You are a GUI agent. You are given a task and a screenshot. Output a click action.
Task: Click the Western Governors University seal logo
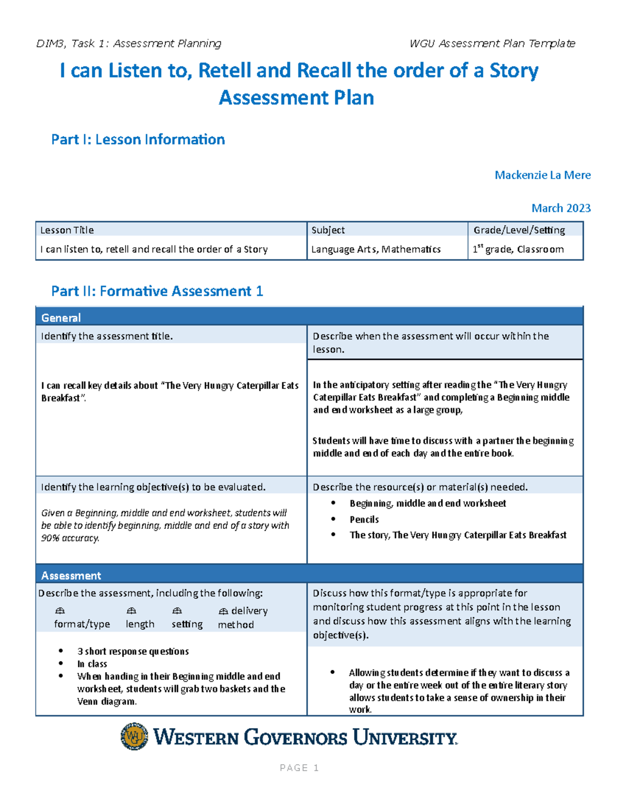[134, 736]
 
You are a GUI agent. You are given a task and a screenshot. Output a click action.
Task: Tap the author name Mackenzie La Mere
[543, 175]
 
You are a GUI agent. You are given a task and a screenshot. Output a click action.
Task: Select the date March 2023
[561, 208]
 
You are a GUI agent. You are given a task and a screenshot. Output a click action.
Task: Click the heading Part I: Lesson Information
[138, 139]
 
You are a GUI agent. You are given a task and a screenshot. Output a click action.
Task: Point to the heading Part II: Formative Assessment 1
[157, 291]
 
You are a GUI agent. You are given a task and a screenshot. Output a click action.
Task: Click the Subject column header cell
[328, 230]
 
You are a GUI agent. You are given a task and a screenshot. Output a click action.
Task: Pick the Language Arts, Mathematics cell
[376, 249]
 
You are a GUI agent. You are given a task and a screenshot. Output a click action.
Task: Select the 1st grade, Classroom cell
[518, 249]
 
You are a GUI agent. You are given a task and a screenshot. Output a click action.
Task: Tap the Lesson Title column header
[67, 230]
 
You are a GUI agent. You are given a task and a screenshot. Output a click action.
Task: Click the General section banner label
[61, 318]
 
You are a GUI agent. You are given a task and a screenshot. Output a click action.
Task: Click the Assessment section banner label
[71, 576]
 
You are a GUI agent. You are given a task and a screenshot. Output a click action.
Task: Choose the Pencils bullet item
[364, 519]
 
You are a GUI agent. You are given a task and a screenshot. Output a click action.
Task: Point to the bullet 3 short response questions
[133, 651]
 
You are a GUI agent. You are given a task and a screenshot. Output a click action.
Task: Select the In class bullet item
[92, 664]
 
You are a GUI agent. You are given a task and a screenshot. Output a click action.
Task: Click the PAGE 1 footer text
[299, 768]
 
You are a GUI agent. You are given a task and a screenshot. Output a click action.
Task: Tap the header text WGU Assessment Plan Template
[492, 43]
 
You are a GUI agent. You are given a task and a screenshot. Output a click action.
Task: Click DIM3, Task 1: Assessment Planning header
[129, 43]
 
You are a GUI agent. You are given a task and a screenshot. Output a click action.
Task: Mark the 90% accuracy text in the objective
[70, 538]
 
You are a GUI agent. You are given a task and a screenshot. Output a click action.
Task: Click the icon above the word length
[131, 611]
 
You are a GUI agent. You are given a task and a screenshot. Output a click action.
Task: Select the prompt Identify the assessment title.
[107, 336]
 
